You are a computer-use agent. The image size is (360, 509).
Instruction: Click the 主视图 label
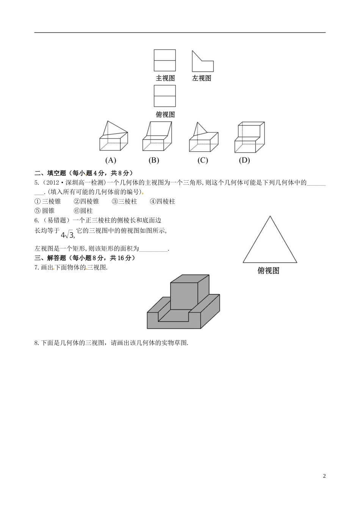pyautogui.click(x=165, y=78)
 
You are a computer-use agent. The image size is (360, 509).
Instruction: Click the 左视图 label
pyautogui.click(x=201, y=78)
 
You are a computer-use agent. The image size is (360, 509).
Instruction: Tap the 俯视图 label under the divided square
pyautogui.click(x=165, y=114)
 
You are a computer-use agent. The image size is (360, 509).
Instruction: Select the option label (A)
pyautogui.click(x=111, y=160)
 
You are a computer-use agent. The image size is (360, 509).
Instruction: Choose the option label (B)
pyautogui.click(x=153, y=160)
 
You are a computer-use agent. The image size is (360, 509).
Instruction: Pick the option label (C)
pyautogui.click(x=202, y=160)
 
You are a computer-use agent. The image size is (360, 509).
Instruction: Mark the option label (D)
pyautogui.click(x=244, y=160)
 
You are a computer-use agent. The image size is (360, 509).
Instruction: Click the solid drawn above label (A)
pyautogui.click(x=114, y=137)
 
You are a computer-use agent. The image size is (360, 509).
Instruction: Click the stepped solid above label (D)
pyautogui.click(x=249, y=137)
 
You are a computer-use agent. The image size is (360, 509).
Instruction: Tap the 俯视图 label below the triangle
pyautogui.click(x=268, y=270)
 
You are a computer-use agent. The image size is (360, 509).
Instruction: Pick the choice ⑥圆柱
pyautogui.click(x=83, y=211)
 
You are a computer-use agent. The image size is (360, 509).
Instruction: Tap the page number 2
pyautogui.click(x=324, y=476)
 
